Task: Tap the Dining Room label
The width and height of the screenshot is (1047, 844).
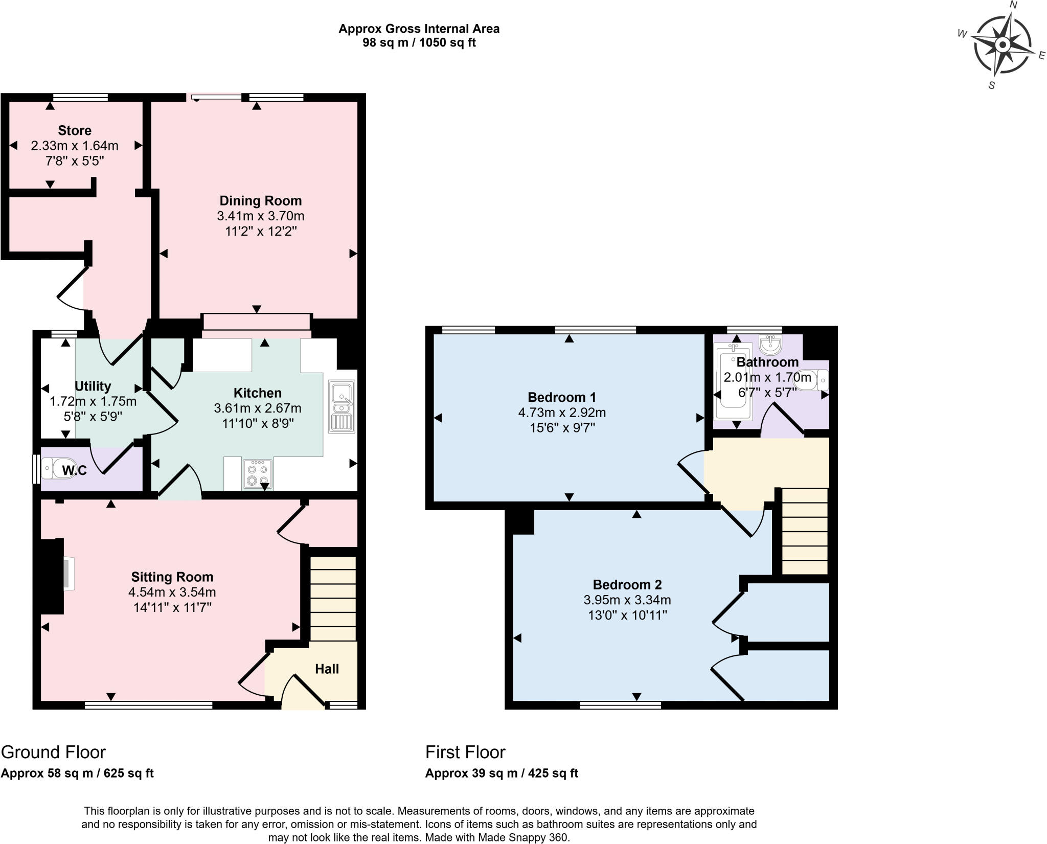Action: pyautogui.click(x=261, y=200)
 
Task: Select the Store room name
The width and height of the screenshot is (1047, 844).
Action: pyautogui.click(x=75, y=130)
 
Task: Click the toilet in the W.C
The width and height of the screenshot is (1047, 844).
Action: pyautogui.click(x=57, y=469)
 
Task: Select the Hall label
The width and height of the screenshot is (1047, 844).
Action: pyautogui.click(x=327, y=669)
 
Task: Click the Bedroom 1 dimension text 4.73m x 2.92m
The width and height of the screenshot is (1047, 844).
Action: pyautogui.click(x=562, y=412)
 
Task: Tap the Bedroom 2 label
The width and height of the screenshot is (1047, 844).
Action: pyautogui.click(x=627, y=584)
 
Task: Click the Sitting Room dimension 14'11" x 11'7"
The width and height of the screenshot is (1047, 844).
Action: pyautogui.click(x=172, y=607)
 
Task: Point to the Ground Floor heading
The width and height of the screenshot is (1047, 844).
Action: pyautogui.click(x=53, y=752)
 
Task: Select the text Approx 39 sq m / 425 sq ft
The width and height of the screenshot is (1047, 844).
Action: pyautogui.click(x=502, y=773)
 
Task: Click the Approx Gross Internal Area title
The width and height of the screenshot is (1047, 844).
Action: pyautogui.click(x=419, y=29)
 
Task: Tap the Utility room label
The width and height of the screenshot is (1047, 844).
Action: pyautogui.click(x=93, y=386)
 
